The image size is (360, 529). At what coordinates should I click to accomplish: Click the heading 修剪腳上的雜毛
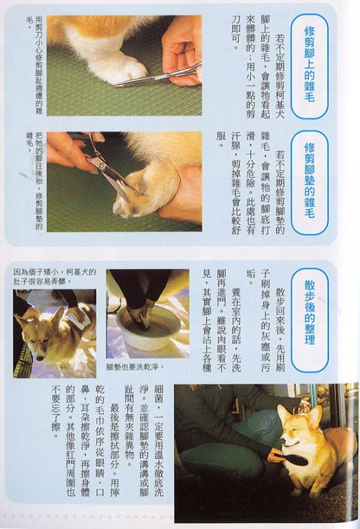pos(309,65)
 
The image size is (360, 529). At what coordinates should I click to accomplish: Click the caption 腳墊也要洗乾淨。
pos(135,367)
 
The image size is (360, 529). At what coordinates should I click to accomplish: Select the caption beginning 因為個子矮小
pos(54,276)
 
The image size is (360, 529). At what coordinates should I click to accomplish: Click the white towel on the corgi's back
pos(79,319)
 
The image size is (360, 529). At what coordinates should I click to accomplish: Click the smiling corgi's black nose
pos(283,441)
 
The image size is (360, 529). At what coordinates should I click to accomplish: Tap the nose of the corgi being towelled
pos(40,358)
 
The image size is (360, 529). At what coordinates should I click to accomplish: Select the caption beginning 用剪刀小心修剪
pos(35,65)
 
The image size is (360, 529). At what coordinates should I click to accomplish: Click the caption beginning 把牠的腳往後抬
pos(35,181)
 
